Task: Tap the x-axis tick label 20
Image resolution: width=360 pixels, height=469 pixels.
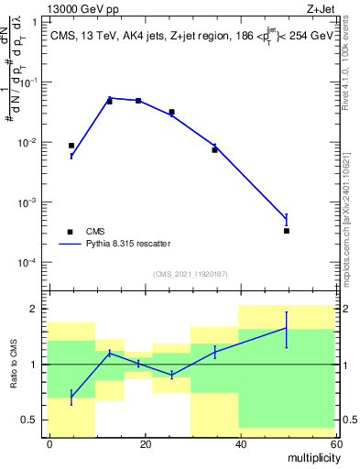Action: click(146, 443)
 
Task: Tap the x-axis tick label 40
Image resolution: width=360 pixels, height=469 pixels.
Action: click(241, 443)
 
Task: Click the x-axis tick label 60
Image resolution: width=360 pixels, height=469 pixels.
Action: click(336, 443)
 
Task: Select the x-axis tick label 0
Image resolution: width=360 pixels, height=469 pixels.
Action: click(49, 443)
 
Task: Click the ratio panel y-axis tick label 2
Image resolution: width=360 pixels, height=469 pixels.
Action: click(36, 309)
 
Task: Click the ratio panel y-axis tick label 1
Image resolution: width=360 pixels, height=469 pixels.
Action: click(36, 365)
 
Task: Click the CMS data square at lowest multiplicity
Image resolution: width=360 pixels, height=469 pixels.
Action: click(71, 146)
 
